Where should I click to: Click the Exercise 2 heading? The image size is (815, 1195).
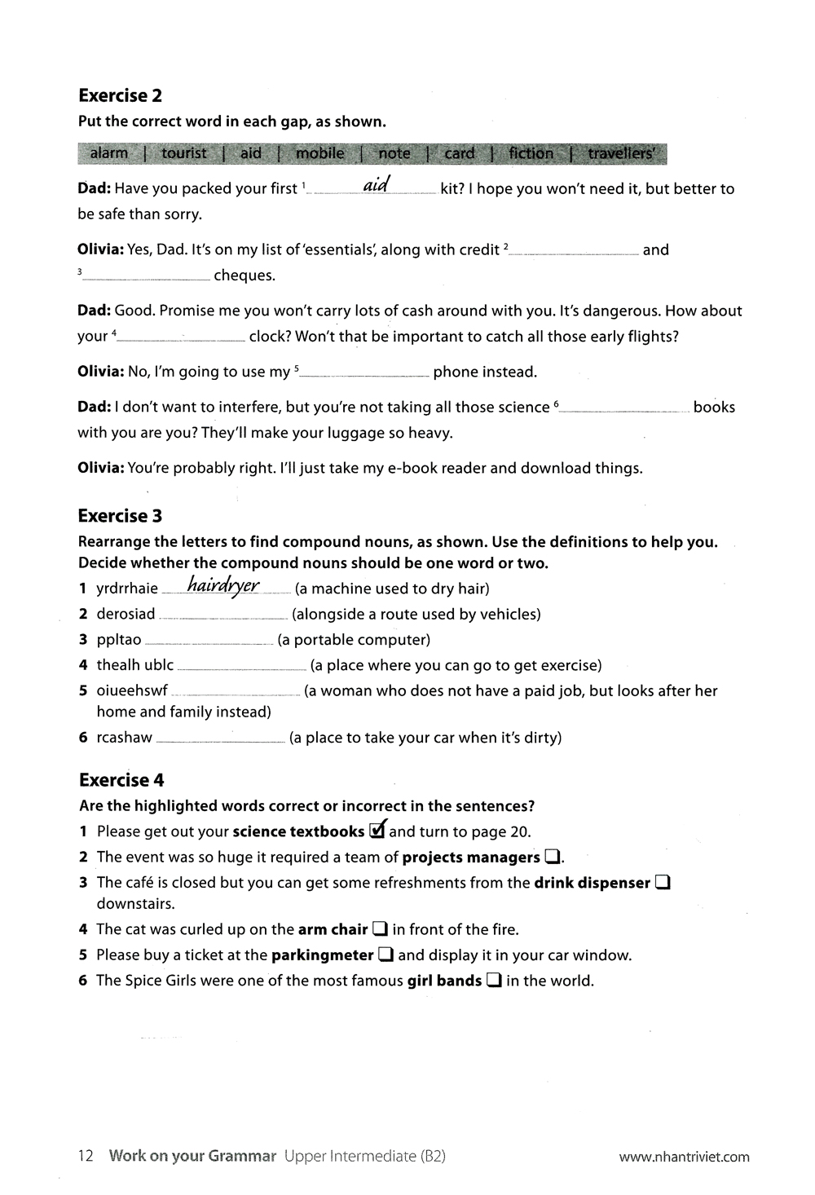point(120,96)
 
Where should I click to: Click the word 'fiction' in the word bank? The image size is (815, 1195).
point(531,153)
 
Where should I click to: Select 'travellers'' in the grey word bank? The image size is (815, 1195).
point(621,153)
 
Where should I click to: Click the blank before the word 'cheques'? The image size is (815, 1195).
point(147,277)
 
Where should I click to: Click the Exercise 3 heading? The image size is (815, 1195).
point(120,516)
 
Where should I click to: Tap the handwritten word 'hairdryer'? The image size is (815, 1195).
point(222,585)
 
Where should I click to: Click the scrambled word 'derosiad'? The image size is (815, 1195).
point(126,615)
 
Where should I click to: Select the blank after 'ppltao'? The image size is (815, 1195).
point(209,641)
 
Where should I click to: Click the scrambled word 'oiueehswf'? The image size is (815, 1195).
point(132,691)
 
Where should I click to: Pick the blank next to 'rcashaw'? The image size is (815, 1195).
point(220,739)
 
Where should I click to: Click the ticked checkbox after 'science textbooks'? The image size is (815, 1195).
point(377,831)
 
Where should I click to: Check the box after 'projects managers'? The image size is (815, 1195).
point(552,858)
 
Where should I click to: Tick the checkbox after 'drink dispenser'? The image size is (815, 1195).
point(662,883)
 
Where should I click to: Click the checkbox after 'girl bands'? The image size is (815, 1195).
point(493,981)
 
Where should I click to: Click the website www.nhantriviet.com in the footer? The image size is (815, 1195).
point(684,1157)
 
